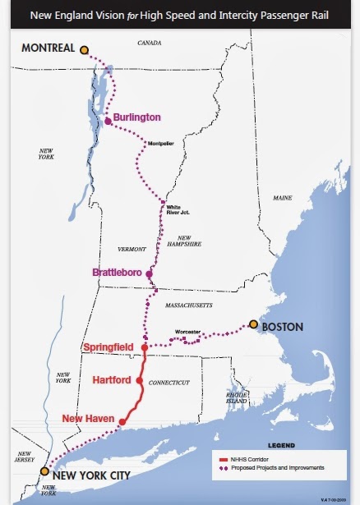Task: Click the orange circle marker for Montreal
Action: (x=84, y=50)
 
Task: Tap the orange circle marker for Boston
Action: (x=253, y=325)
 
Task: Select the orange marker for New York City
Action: (x=44, y=471)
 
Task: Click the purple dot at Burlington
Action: (x=108, y=122)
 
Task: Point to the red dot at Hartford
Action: (x=140, y=381)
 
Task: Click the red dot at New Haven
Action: (x=122, y=423)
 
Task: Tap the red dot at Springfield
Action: (x=145, y=347)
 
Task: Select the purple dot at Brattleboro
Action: (x=150, y=273)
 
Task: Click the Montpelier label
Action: (x=161, y=144)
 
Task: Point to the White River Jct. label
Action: (x=178, y=209)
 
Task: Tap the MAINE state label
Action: (x=284, y=198)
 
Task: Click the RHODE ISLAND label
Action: (x=236, y=398)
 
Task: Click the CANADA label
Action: (x=150, y=41)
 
